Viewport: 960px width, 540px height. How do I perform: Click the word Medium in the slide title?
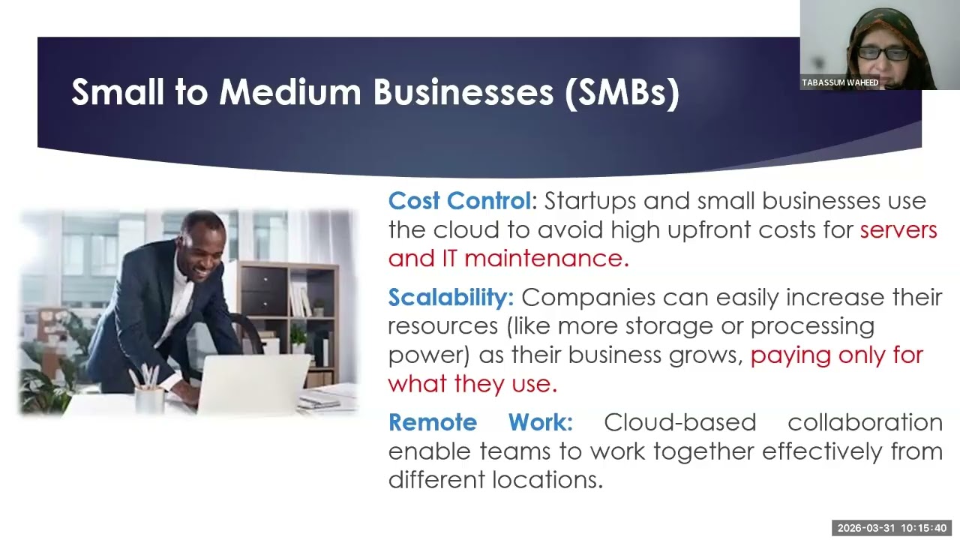[x=291, y=92]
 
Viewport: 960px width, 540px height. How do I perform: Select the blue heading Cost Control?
[x=459, y=201]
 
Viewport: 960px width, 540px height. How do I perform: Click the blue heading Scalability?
[x=450, y=298]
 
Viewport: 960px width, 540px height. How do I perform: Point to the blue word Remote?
[x=432, y=422]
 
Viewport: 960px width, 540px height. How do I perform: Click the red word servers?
[x=898, y=229]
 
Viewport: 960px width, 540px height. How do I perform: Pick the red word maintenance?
[x=546, y=259]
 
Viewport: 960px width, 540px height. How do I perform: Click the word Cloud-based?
[x=680, y=422]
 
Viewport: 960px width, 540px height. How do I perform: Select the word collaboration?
[x=865, y=422]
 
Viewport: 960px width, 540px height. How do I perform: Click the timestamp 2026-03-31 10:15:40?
[x=892, y=528]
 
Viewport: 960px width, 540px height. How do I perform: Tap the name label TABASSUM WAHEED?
[x=840, y=82]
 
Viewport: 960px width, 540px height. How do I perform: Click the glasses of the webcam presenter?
[x=883, y=54]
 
